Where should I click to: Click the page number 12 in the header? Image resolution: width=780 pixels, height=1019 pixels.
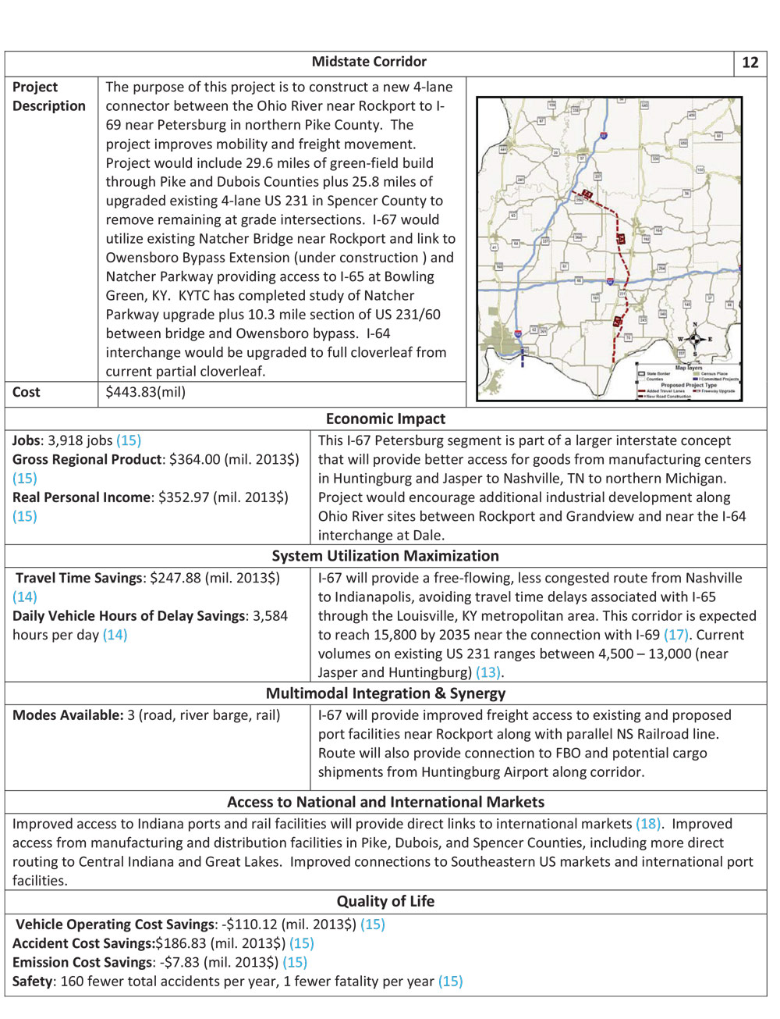click(x=750, y=63)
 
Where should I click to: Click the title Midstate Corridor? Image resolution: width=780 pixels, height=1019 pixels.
click(x=369, y=62)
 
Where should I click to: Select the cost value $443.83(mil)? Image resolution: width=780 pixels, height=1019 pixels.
click(x=146, y=392)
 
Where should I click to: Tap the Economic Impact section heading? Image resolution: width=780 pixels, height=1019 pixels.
click(x=385, y=419)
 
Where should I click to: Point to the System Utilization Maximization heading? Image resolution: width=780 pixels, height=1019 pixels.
click(x=385, y=556)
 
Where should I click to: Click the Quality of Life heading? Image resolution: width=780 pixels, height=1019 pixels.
click(x=385, y=901)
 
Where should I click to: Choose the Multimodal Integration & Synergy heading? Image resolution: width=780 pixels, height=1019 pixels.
click(x=385, y=693)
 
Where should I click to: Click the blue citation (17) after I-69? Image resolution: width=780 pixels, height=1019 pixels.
click(x=675, y=635)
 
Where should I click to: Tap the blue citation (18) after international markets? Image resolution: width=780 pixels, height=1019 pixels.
click(x=648, y=824)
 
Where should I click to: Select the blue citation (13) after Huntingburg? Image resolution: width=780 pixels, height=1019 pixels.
click(x=487, y=672)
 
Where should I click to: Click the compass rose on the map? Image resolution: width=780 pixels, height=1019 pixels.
click(x=694, y=339)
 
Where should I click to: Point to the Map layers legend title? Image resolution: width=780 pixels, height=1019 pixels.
click(x=689, y=368)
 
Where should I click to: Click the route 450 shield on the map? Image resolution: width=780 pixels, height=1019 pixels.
click(x=691, y=115)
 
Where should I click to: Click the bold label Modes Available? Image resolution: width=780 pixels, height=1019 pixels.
click(x=68, y=715)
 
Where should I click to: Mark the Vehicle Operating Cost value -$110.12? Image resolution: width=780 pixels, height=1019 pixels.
click(x=249, y=925)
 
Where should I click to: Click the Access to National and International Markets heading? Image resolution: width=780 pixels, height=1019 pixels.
click(x=385, y=802)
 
